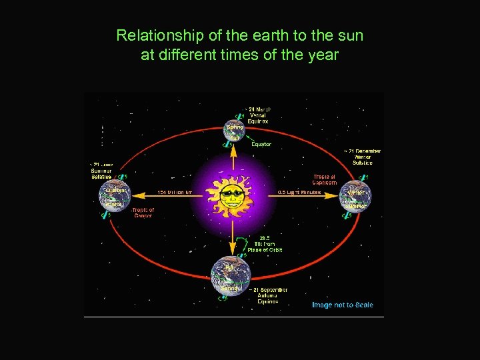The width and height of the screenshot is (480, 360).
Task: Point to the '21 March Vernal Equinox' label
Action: coord(259,115)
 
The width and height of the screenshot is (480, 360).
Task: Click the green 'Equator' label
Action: coord(261,144)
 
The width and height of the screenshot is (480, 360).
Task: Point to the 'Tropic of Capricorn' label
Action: coord(324,180)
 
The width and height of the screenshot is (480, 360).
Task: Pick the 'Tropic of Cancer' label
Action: coord(143,213)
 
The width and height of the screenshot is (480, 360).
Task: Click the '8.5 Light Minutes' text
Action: coord(299,193)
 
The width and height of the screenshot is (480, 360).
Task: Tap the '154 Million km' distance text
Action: coord(175,193)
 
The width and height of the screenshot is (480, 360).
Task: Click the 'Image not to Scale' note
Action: coord(343,305)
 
